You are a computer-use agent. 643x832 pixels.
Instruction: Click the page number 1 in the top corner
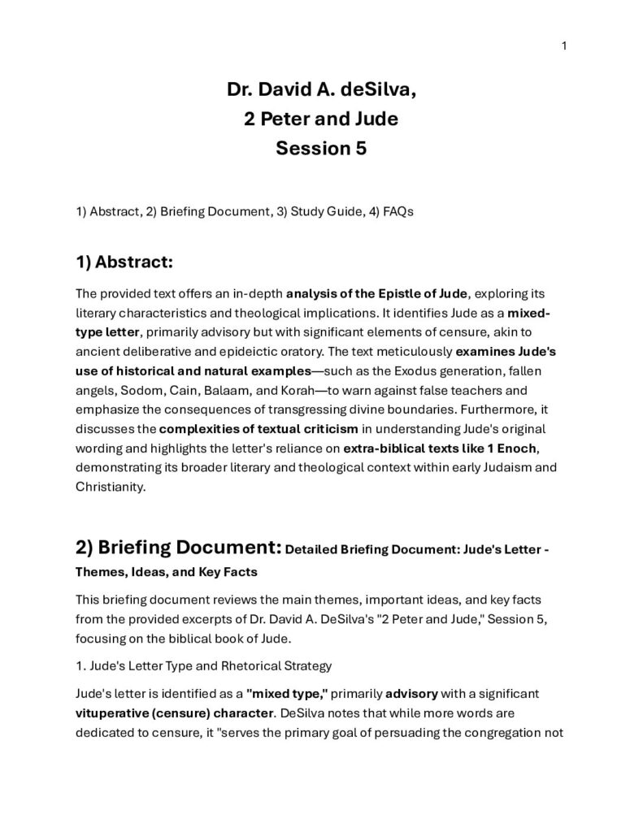[x=563, y=45]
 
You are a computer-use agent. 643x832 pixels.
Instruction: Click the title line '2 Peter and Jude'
[x=321, y=119]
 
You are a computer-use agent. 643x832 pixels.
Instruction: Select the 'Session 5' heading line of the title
[x=321, y=149]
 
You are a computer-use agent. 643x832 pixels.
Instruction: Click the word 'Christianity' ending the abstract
[x=108, y=487]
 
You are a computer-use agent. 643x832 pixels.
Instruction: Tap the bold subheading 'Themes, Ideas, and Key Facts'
[x=166, y=571]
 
